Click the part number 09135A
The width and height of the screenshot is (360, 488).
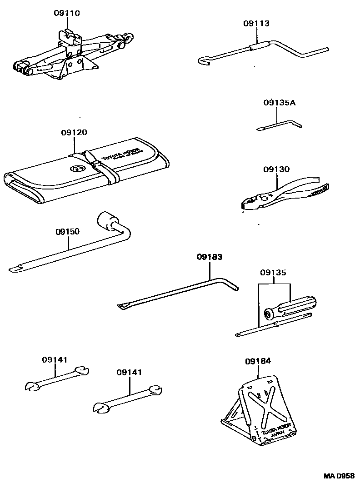279,103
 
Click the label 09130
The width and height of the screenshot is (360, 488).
276,169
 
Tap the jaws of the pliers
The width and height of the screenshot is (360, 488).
250,203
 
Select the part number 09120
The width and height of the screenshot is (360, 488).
74,132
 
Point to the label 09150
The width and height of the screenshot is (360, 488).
67,231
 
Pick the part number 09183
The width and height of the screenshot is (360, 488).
210,257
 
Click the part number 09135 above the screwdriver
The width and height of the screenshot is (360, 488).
273,273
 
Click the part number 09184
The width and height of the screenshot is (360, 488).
258,361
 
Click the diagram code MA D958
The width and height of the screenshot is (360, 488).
339,476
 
